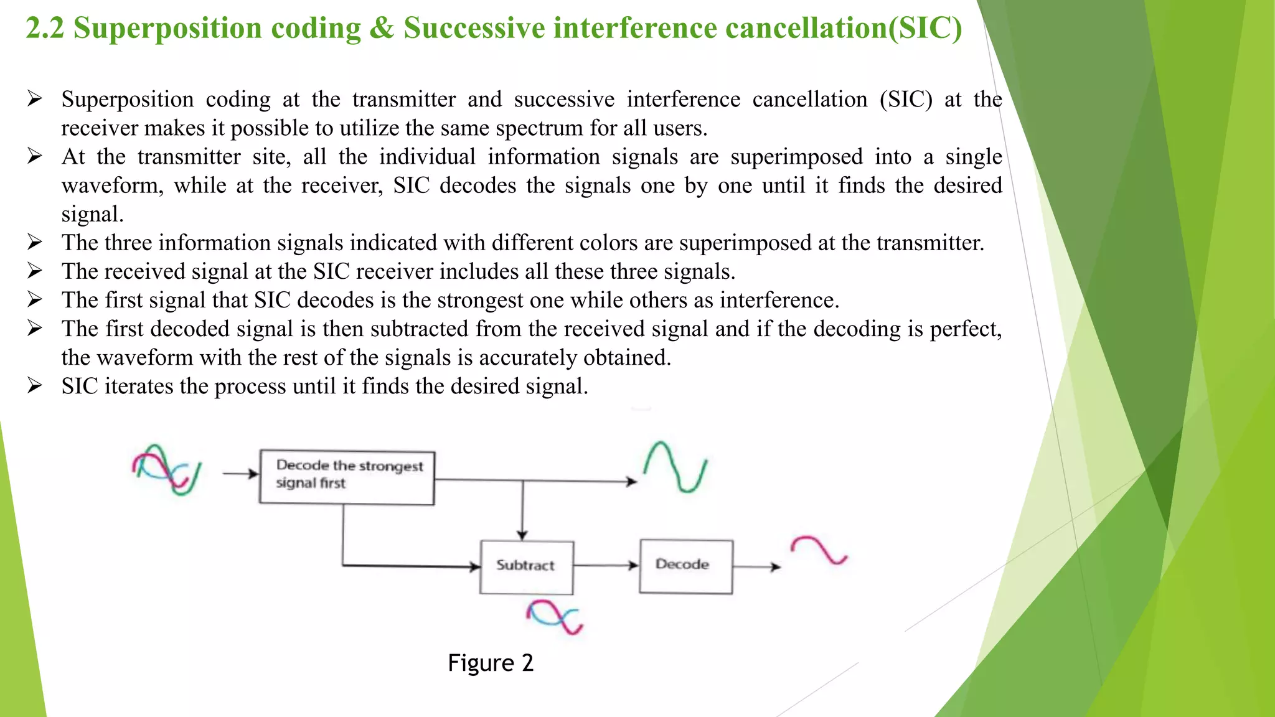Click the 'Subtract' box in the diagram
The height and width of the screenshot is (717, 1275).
526,566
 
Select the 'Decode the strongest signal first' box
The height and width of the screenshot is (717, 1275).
347,477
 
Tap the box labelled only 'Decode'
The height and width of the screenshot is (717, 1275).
685,566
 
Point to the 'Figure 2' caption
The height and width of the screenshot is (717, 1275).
491,663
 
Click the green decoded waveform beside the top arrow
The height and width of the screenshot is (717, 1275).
675,466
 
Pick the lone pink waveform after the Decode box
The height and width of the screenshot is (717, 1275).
819,550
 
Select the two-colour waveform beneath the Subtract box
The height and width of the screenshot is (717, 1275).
554,616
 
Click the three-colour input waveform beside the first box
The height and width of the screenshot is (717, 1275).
166,469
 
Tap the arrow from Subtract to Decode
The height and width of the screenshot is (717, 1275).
606,565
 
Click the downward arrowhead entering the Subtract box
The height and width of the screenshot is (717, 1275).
522,535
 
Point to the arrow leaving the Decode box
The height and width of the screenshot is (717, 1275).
756,566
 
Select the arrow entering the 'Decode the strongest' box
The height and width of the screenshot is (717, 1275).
240,474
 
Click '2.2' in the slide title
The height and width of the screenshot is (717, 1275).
45,29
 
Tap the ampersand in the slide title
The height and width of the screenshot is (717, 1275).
381,29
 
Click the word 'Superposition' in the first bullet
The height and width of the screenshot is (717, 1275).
128,100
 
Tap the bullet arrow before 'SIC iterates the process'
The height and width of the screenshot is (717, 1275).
35,386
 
